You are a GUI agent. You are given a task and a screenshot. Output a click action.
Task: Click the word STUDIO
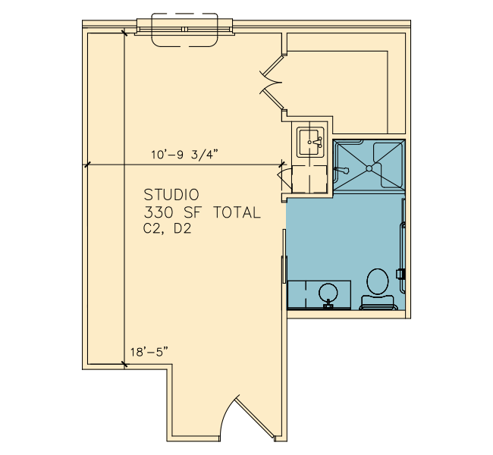point(171,195)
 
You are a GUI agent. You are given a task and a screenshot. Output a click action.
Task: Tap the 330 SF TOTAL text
point(203,212)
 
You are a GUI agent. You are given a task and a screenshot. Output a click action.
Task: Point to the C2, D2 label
point(168,228)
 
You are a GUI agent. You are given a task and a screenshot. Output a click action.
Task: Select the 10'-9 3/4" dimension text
point(184,155)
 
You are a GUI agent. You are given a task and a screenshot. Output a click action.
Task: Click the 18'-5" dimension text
point(149,352)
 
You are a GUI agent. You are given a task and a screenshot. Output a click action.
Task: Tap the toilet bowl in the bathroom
point(378,281)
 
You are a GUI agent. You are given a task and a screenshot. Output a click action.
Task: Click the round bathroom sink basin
point(328,293)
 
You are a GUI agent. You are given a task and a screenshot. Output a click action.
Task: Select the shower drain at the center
point(369,168)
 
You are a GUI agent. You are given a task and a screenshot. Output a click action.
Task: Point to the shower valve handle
point(341,170)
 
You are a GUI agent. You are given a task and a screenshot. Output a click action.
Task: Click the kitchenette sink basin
point(310,142)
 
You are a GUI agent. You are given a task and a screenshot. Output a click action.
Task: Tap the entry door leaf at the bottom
point(254,417)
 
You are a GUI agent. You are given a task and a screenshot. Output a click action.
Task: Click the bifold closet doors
point(272,83)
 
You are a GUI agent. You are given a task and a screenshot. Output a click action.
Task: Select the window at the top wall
point(185,30)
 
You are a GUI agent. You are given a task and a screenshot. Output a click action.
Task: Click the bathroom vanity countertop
point(319,295)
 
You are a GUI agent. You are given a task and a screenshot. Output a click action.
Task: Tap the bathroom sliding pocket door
point(284,256)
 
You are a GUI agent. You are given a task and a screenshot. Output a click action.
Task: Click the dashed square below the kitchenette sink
point(309,179)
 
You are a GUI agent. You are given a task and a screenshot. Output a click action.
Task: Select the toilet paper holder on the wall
point(400,274)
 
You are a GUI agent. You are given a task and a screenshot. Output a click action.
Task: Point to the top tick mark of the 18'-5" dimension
point(125,33)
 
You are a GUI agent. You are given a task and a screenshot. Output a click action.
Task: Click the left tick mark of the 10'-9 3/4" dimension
point(87,165)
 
